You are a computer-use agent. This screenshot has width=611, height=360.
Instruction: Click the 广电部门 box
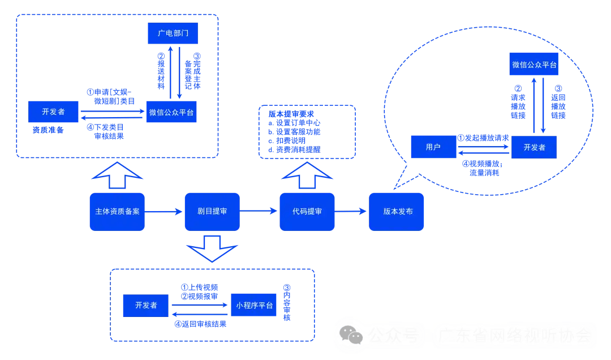point(173,33)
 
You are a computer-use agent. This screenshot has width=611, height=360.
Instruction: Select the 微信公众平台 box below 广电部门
point(172,112)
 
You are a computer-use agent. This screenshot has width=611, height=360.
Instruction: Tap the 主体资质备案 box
point(117,212)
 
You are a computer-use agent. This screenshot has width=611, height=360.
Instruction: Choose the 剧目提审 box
point(212,212)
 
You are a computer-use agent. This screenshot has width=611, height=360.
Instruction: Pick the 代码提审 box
point(307,212)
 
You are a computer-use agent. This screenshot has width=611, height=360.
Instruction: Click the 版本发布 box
point(397,212)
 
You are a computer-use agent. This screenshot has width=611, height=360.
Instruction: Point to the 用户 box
point(433,147)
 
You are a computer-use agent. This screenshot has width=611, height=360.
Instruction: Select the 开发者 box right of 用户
point(534,147)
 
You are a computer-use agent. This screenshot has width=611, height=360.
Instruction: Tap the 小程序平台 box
point(254,305)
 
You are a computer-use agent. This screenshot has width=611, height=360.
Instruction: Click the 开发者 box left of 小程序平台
point(146,305)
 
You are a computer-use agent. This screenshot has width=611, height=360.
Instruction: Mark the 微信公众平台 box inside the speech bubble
point(534,65)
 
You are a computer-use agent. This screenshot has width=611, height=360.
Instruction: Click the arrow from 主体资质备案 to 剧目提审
point(165,212)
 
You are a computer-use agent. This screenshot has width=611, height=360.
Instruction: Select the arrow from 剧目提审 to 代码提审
point(260,212)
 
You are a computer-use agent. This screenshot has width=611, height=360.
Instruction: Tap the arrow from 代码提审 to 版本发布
point(352,212)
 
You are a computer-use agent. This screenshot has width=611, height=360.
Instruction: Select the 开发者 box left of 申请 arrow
point(54,112)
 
